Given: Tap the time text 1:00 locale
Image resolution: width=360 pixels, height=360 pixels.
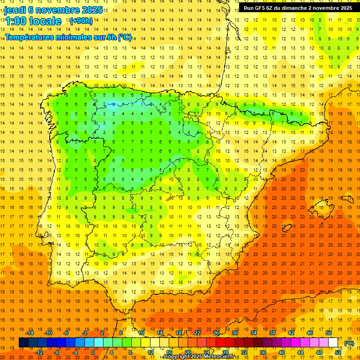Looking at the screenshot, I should coord(33,21).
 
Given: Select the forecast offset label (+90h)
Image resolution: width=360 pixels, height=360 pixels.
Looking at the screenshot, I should coord(81,21).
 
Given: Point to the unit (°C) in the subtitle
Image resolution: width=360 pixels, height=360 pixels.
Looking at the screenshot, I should coord(125,37).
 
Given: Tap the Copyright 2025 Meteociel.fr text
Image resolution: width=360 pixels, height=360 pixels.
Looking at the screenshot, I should coord(199,357).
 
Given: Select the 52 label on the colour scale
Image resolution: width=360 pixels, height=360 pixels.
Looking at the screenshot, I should coord(338,352).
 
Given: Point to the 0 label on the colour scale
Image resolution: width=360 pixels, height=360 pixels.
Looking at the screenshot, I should coord(93,352).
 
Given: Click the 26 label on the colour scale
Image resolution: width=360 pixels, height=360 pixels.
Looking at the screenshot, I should coord(216,333).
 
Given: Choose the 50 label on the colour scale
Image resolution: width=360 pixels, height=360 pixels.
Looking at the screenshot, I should coord(329,333).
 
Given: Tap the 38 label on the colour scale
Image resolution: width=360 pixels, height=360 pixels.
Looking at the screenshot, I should coord(272,333).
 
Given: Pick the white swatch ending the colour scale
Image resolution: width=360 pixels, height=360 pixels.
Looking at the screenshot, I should coord(333,343).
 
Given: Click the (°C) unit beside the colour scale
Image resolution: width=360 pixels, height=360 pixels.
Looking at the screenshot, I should coord(349,343).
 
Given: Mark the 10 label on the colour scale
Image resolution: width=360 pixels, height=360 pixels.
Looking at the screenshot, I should coord(141,333).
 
